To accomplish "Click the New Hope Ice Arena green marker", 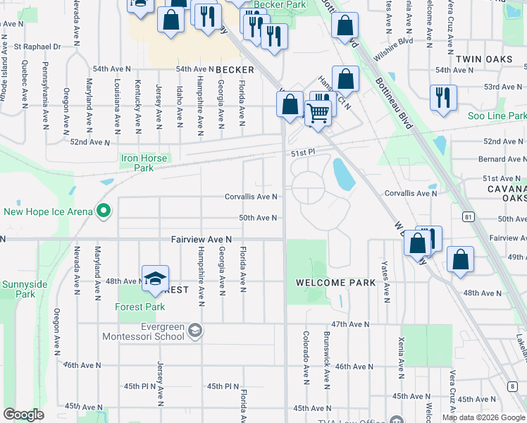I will point(104,211).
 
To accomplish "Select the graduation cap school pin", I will point(155,278).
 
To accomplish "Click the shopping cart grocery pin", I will point(318,112).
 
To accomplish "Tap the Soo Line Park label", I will point(497,116).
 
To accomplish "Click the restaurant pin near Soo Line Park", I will point(443,98).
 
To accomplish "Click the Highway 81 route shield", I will point(467,216).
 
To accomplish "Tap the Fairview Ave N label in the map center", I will point(201,240).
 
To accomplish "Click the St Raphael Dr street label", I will point(42,47).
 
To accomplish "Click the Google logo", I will point(24,415).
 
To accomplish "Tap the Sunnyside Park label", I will point(18,288).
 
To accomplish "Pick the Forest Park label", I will point(140,307).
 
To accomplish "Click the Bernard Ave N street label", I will point(502,159).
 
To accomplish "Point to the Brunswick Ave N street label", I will point(326,361).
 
